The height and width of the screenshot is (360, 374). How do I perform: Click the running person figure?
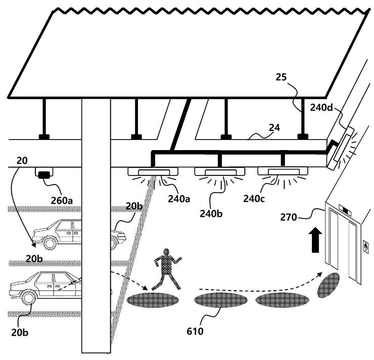[x=165, y=268]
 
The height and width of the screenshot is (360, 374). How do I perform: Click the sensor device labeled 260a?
[x=45, y=174]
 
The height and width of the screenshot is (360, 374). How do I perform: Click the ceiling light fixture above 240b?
[x=219, y=172]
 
